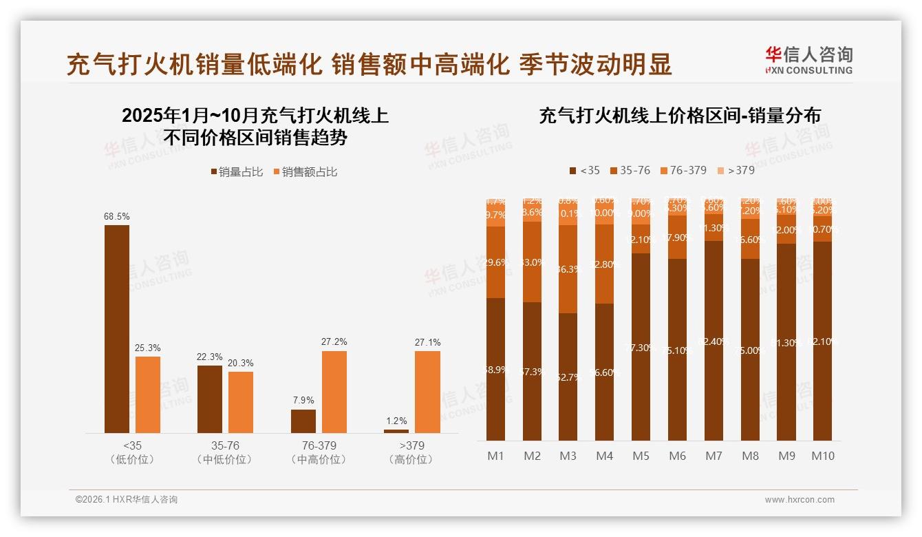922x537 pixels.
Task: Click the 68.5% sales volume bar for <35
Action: [117, 328]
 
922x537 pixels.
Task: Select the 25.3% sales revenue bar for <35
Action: [148, 394]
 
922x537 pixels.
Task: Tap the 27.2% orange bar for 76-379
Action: [334, 392]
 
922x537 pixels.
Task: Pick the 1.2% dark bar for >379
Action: [396, 431]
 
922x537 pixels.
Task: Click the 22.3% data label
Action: [210, 357]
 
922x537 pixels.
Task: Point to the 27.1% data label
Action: [428, 342]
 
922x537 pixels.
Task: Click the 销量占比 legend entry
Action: [236, 172]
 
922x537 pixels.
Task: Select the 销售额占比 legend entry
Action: [305, 172]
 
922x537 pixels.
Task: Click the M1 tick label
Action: [496, 456]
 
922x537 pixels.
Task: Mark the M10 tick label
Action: [822, 456]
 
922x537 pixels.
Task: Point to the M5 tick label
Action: [641, 456]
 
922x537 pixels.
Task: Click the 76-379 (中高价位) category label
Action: [319, 452]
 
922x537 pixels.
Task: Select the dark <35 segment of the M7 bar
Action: [714, 341]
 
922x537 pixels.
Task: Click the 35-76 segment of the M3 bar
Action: [568, 269]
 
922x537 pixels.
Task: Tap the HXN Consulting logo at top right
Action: [808, 61]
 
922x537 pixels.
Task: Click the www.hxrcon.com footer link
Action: [800, 500]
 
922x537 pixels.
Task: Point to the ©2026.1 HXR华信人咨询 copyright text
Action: [127, 500]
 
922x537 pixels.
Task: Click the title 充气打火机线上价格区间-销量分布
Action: [680, 116]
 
